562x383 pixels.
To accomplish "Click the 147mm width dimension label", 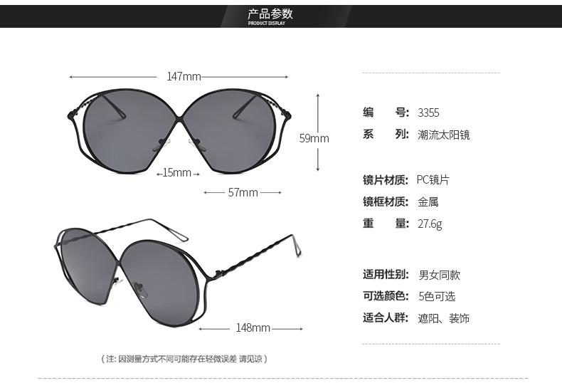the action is (184, 76).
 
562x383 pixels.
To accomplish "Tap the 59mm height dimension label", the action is (314, 138).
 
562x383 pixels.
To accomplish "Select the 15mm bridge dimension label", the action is (176, 173).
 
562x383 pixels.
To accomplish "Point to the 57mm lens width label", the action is (243, 193).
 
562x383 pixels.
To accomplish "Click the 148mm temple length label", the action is (253, 327).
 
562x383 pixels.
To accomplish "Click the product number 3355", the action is (428, 113).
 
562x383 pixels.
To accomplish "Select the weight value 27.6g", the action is (430, 224).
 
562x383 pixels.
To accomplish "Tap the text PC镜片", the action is (433, 179).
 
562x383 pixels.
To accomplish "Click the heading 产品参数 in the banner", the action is (270, 14).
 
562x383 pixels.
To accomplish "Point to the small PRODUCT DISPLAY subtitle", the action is (266, 23).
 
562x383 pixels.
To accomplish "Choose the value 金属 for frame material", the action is (428, 202).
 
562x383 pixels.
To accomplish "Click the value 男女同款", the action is (440, 276).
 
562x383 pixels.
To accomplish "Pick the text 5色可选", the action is (437, 297).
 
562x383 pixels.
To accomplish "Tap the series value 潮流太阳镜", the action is (444, 135).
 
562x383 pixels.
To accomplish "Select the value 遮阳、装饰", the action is (444, 318).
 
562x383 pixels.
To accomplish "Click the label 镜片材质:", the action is (386, 180).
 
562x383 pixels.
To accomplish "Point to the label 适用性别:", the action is (386, 275).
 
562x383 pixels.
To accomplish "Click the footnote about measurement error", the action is (184, 359).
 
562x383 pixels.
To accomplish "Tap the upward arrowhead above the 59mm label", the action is (318, 95).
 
